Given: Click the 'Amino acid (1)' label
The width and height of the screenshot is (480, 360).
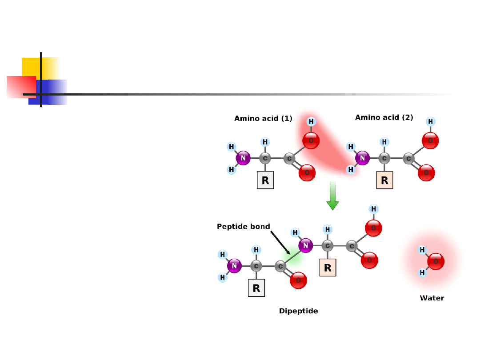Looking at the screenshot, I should (263, 119).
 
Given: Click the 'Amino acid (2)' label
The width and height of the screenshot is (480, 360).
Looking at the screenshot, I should (384, 118).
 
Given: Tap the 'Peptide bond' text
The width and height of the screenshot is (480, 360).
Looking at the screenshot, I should (243, 227).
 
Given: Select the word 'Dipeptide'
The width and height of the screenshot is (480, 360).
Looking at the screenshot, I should (298, 311).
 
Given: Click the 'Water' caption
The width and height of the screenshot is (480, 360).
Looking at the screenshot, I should (432, 298).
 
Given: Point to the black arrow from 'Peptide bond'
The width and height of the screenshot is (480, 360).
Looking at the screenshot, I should (280, 243).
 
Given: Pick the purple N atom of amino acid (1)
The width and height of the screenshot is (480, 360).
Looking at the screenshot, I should (243, 158).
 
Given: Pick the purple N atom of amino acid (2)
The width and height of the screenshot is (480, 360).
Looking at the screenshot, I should (362, 158).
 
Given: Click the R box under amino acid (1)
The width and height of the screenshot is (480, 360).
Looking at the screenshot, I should (265, 181).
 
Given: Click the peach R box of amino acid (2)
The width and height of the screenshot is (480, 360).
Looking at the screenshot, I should (384, 181).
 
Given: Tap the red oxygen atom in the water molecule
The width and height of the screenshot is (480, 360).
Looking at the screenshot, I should (436, 261).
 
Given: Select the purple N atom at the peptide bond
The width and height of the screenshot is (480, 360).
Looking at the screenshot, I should (305, 245).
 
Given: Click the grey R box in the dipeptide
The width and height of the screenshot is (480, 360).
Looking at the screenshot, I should (256, 288).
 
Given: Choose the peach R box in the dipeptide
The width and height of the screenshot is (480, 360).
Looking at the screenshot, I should (328, 268).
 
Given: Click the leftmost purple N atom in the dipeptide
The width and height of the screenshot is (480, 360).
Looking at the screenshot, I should (234, 266).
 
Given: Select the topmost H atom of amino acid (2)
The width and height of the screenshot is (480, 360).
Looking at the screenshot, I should (430, 121).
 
